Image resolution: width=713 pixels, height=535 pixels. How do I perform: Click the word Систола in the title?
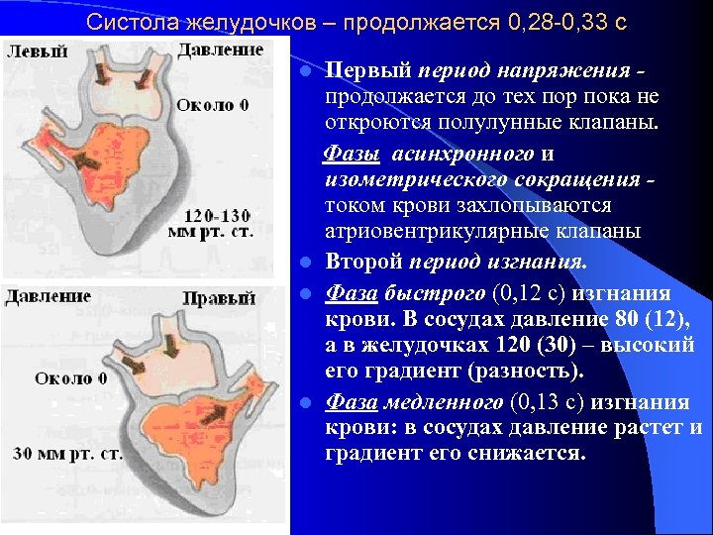(128, 21)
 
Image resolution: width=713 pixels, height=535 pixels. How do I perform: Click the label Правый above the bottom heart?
(220, 298)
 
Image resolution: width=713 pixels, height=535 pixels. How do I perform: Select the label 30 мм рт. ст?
(68, 454)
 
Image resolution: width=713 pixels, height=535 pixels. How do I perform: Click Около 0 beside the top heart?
(213, 105)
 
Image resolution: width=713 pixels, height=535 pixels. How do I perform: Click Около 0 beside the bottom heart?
(70, 378)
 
